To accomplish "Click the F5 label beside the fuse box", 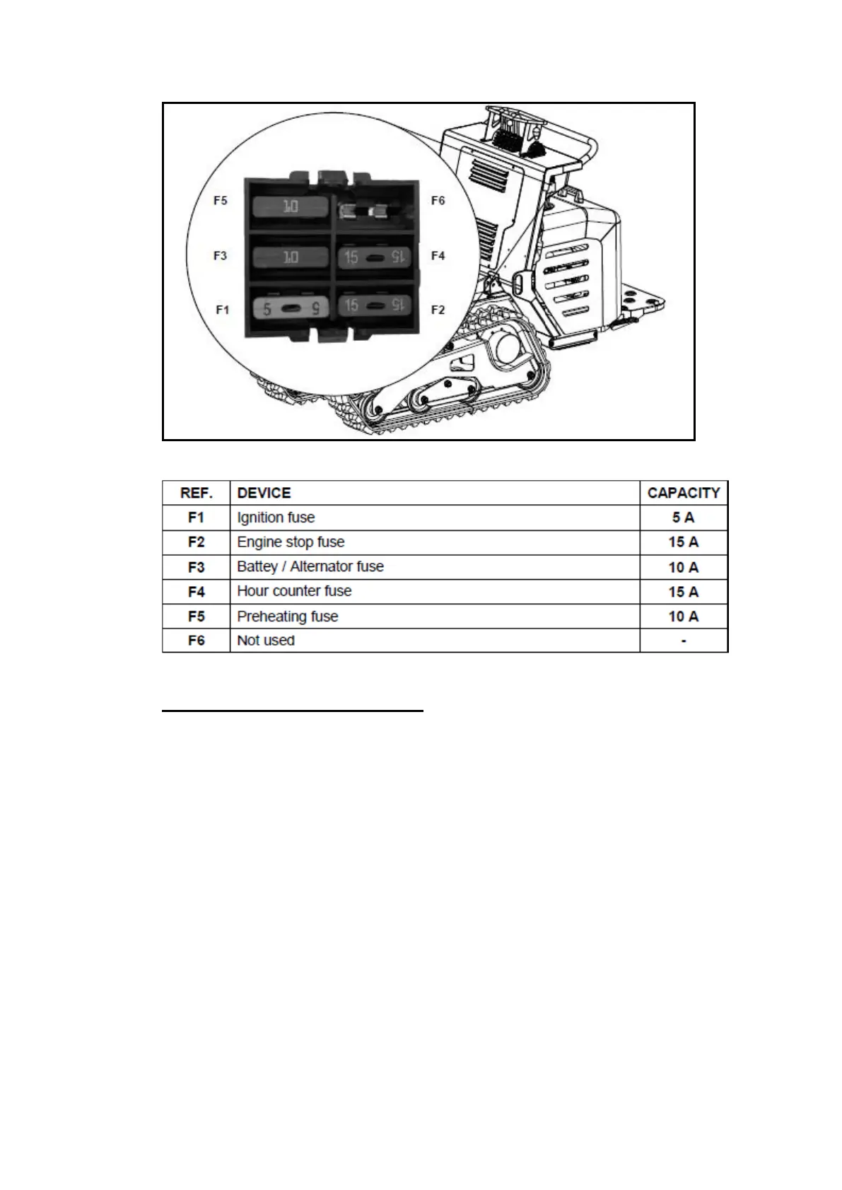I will pyautogui.click(x=221, y=201).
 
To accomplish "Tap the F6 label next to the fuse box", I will pyautogui.click(x=438, y=201).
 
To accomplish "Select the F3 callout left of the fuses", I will pyautogui.click(x=221, y=256).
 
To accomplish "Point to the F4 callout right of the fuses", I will pyautogui.click(x=438, y=256).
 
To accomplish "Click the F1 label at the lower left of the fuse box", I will pyautogui.click(x=223, y=310).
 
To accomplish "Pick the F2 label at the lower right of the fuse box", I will pyautogui.click(x=438, y=310).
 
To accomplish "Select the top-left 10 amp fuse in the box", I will pyautogui.click(x=291, y=206).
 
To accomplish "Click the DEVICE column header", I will pyautogui.click(x=264, y=493).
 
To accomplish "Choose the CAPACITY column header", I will pyautogui.click(x=683, y=493).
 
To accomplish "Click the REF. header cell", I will pyautogui.click(x=197, y=493).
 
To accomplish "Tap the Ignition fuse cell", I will pyautogui.click(x=276, y=518).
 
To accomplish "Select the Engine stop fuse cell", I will pyautogui.click(x=291, y=542).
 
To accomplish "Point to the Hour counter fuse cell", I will pyautogui.click(x=294, y=591).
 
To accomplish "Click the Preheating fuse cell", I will pyautogui.click(x=288, y=617).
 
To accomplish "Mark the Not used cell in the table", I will pyautogui.click(x=266, y=641).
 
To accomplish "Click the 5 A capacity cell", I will pyautogui.click(x=683, y=518).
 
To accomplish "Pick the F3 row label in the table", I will pyautogui.click(x=197, y=567).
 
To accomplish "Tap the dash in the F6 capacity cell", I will pyautogui.click(x=684, y=641).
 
